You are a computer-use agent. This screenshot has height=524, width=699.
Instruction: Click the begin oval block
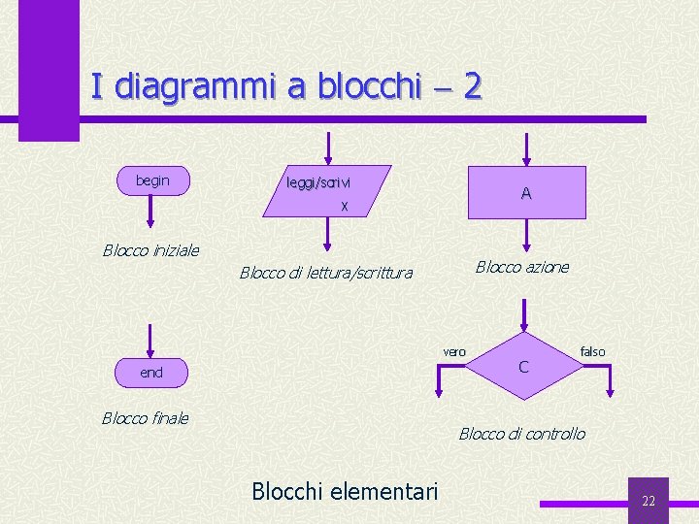click(x=152, y=180)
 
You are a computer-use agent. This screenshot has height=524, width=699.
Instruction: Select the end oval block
click(x=151, y=373)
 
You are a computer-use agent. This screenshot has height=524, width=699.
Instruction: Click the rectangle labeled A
click(x=526, y=192)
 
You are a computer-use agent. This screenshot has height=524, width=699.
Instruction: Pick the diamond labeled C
click(x=524, y=367)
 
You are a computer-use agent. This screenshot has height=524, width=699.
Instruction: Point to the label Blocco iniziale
click(x=150, y=250)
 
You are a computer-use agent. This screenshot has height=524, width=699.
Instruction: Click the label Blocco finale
click(x=146, y=418)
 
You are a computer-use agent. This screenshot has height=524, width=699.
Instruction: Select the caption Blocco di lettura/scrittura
click(x=326, y=274)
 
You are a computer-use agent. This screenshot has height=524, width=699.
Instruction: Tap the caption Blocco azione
click(x=522, y=267)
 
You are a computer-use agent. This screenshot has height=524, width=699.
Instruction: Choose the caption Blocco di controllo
click(x=522, y=434)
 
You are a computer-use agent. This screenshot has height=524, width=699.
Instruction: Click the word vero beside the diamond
click(x=454, y=351)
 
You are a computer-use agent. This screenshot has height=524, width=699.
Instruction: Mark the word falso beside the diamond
click(x=592, y=351)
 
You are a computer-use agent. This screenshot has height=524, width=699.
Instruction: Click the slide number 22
click(x=649, y=501)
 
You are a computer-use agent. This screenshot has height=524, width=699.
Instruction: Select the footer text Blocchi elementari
click(x=345, y=491)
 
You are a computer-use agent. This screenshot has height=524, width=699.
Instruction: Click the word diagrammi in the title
click(x=195, y=87)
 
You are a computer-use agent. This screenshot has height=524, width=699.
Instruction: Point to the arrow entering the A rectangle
click(x=526, y=149)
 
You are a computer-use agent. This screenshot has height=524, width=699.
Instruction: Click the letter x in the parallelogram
click(x=344, y=206)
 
